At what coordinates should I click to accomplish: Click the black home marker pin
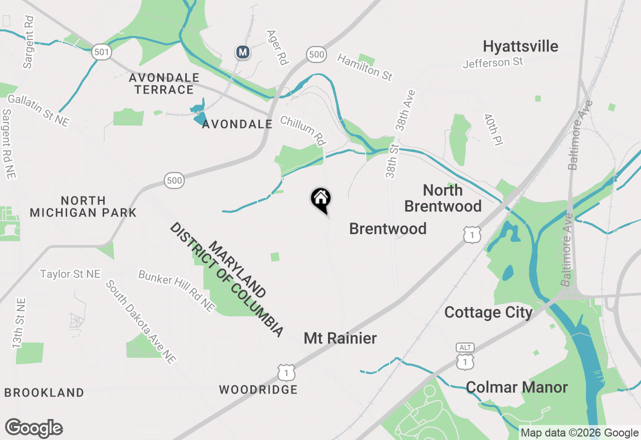(321, 199)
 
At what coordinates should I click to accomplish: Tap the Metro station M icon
(243, 52)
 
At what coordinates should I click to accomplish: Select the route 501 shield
(101, 51)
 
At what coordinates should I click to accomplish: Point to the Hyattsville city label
(520, 46)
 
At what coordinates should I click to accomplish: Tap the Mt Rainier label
(340, 338)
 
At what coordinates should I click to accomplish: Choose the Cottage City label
(488, 312)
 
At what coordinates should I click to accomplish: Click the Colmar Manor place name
(516, 387)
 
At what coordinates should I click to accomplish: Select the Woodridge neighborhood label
(258, 389)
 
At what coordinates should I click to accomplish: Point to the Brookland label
(44, 392)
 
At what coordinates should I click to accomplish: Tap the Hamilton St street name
(365, 67)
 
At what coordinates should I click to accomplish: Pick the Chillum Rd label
(302, 131)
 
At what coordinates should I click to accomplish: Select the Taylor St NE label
(70, 274)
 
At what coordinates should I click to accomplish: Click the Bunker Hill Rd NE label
(177, 291)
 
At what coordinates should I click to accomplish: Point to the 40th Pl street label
(493, 129)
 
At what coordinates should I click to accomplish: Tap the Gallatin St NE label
(38, 110)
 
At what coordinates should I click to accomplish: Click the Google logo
(34, 428)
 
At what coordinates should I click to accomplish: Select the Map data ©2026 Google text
(579, 433)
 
